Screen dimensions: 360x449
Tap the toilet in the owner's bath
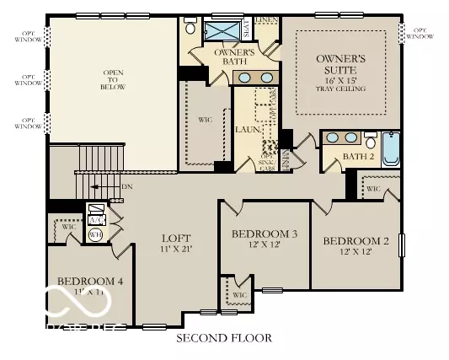(191, 29)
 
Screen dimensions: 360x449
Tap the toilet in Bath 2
(371, 141)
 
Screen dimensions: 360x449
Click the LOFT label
(176, 245)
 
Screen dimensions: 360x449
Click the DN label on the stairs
(124, 188)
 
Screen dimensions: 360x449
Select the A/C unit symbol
(96, 212)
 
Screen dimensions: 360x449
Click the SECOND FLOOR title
(224, 338)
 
